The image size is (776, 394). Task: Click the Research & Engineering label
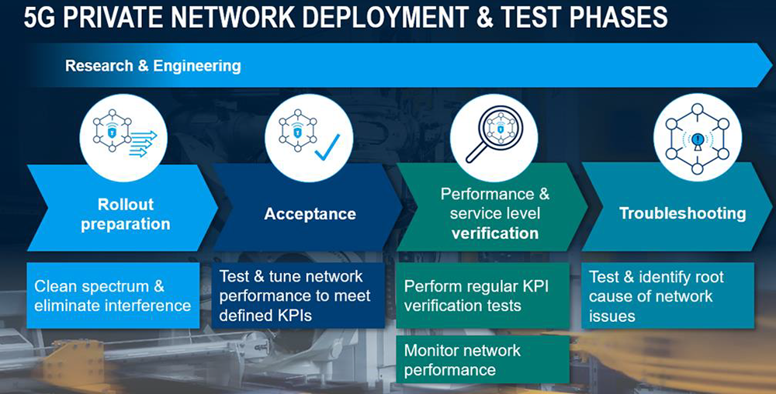pyautogui.click(x=153, y=66)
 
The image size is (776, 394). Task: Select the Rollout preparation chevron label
pyautogui.click(x=126, y=214)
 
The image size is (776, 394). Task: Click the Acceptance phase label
pyautogui.click(x=310, y=214)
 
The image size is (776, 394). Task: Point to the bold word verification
pyautogui.click(x=494, y=233)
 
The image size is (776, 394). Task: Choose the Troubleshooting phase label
pyautogui.click(x=682, y=213)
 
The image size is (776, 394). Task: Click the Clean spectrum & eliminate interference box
pyautogui.click(x=113, y=296)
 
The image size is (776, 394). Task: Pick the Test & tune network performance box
pyautogui.click(x=295, y=295)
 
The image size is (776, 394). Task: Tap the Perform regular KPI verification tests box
pyautogui.click(x=481, y=295)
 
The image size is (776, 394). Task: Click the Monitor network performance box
pyautogui.click(x=481, y=359)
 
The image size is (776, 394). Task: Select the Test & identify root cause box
pyautogui.click(x=667, y=295)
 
